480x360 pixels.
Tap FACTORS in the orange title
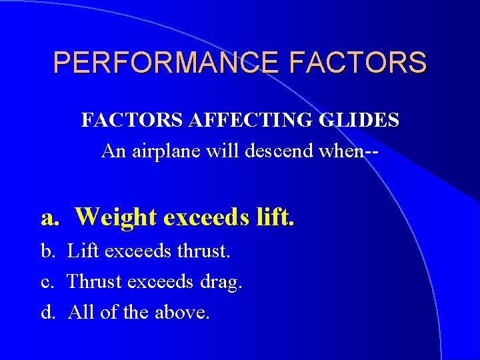pos(358,63)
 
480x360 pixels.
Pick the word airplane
pos(165,151)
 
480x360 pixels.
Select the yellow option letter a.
pos(49,217)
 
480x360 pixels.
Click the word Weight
pos(115,217)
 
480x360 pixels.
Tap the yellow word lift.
pos(275,217)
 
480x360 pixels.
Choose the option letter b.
pos(49,252)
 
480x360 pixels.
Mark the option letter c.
pos(48,282)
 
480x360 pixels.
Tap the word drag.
pos(221,283)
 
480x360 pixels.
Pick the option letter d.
pos(49,312)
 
